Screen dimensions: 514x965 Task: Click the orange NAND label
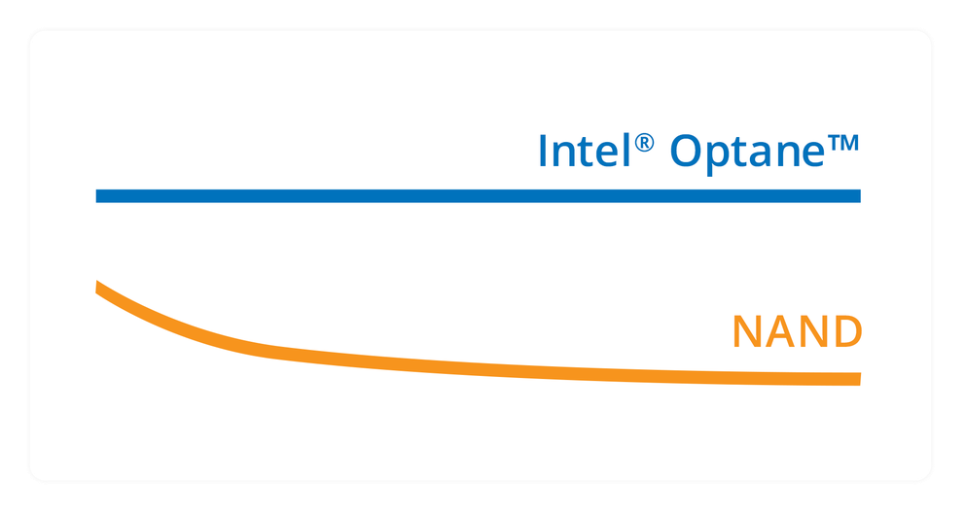pos(797,332)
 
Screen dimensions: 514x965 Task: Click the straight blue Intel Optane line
pos(477,196)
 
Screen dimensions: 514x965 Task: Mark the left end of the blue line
pos(98,196)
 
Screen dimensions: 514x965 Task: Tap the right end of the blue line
pos(858,196)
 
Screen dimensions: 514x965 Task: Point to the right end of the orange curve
pos(858,379)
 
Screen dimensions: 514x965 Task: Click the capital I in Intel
pos(544,151)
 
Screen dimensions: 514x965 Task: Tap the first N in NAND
pos(747,332)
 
